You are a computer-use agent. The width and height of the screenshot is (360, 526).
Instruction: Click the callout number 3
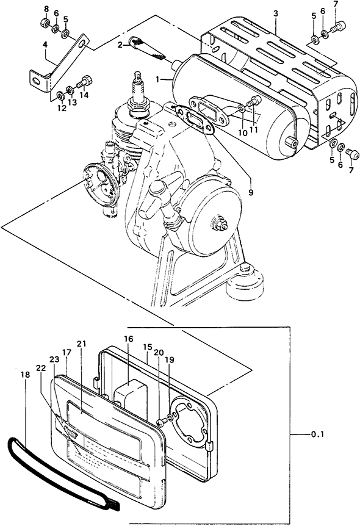tap(275, 14)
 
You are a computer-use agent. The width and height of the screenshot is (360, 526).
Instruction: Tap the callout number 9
tap(251, 193)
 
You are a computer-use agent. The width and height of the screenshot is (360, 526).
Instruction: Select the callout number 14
tap(84, 95)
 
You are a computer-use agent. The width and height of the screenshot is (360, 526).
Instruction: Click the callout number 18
tap(25, 375)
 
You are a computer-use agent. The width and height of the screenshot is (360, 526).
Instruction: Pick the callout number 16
tap(128, 339)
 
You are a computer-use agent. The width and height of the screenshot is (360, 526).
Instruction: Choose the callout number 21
tap(81, 344)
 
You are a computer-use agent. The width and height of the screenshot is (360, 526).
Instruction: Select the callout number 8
tap(46, 8)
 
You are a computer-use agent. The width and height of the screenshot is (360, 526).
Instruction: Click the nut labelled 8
tap(46, 23)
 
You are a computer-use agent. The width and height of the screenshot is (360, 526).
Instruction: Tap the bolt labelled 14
tap(85, 82)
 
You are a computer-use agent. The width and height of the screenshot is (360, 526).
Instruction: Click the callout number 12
tap(62, 109)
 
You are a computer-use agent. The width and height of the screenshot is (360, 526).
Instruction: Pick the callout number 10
tap(243, 132)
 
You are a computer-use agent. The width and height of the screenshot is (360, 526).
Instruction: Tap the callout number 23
tap(54, 359)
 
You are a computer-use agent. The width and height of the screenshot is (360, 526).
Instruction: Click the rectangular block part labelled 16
tap(131, 391)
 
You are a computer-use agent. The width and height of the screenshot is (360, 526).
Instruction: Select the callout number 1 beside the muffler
tap(157, 79)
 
